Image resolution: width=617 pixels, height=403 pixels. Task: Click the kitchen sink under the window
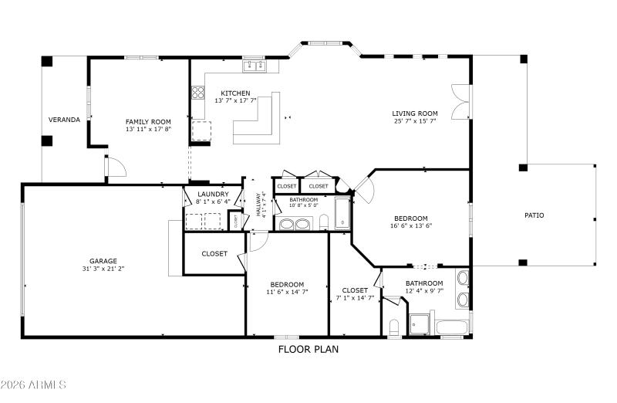255,67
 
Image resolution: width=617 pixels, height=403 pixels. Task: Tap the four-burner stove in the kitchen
198,95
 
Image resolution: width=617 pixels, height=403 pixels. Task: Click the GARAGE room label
102,261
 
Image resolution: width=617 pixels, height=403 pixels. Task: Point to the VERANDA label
64,120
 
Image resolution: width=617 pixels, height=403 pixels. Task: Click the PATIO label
534,215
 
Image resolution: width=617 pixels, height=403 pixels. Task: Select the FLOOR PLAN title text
308,349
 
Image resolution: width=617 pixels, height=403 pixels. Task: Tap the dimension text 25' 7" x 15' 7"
415,121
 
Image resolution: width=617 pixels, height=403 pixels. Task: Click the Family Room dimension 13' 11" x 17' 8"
148,130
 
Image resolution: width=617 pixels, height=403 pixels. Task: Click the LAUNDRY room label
213,194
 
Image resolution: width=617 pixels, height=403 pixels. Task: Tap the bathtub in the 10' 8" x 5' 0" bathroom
342,215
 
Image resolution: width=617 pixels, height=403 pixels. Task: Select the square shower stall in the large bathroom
420,325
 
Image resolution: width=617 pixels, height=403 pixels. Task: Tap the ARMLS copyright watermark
34,384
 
